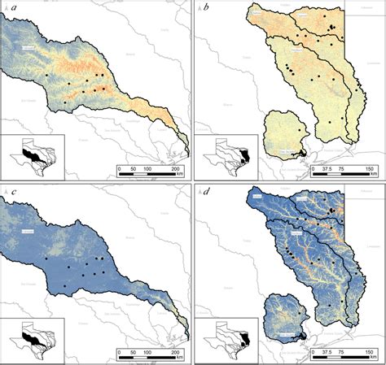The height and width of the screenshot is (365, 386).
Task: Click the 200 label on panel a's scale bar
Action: click(x=173, y=168)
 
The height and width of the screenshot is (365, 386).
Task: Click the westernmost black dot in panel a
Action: click(x=47, y=76)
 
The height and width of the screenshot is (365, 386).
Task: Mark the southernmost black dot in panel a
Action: click(x=65, y=103)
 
